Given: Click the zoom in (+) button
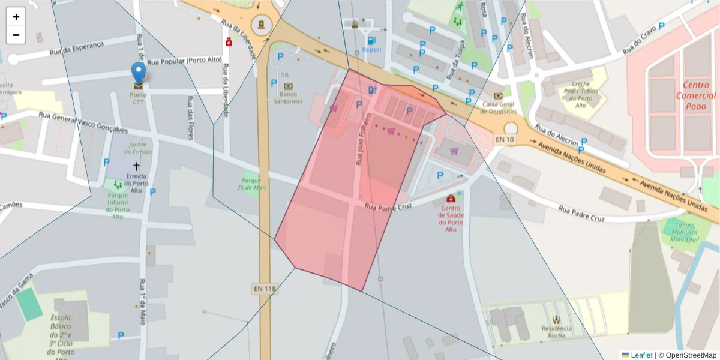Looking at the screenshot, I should click(16, 17).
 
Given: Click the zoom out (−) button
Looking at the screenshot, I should click(16, 35).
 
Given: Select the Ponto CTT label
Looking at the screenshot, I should click(139, 98).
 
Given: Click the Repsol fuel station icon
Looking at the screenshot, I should click(372, 41).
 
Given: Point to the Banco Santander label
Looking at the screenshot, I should click(288, 98).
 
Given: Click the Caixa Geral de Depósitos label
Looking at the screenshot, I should click(499, 107).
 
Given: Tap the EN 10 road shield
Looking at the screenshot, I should click(504, 140).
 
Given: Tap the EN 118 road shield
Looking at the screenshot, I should click(265, 289).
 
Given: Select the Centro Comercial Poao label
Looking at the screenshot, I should click(695, 95).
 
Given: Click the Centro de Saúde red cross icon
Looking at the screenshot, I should click(451, 199).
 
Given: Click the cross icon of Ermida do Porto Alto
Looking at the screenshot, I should click(136, 166).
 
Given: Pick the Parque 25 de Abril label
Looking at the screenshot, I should click(251, 183).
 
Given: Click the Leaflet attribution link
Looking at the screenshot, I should click(641, 355).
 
